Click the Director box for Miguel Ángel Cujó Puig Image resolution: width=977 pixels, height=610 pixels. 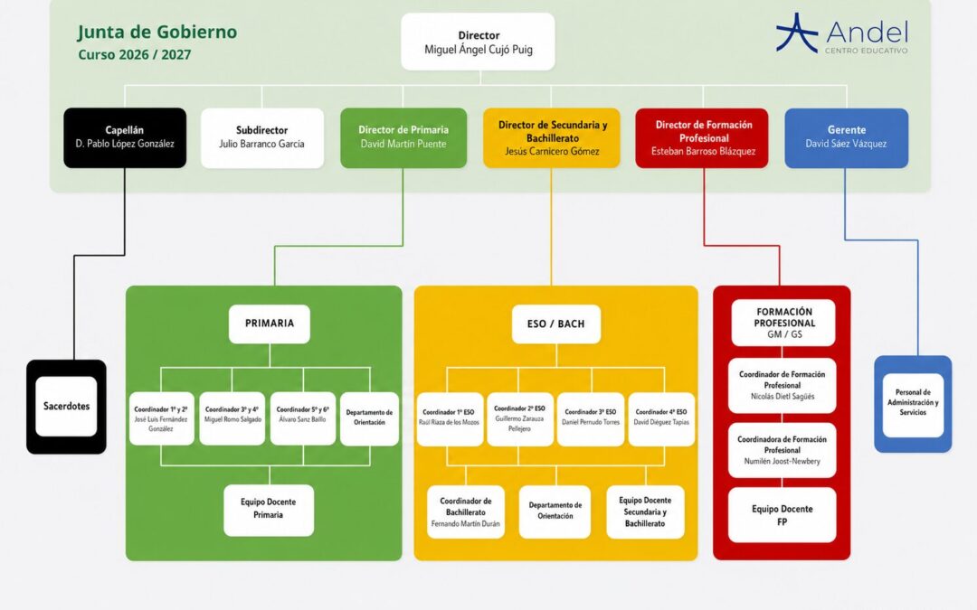pyautogui.click(x=478, y=42)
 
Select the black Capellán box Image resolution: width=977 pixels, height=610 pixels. pyautogui.click(x=125, y=137)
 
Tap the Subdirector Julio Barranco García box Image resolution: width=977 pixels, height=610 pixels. pyautogui.click(x=261, y=137)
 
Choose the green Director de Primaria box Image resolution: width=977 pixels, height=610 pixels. pyautogui.click(x=403, y=137)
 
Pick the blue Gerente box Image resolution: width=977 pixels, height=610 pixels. pyautogui.click(x=846, y=137)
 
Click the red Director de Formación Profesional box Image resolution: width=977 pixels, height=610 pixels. pyautogui.click(x=702, y=137)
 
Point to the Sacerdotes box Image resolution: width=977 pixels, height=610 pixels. pyautogui.click(x=66, y=407)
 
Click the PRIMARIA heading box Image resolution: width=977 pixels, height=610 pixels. pyautogui.click(x=270, y=324)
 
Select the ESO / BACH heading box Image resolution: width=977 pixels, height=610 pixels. pyautogui.click(x=555, y=324)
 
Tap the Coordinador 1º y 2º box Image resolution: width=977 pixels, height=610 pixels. pyautogui.click(x=161, y=418)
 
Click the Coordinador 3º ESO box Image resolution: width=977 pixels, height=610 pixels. pyautogui.click(x=591, y=418)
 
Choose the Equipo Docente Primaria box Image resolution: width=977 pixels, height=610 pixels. pyautogui.click(x=269, y=510)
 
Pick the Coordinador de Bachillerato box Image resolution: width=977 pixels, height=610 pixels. pyautogui.click(x=466, y=511)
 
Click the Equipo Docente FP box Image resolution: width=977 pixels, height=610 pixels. pyautogui.click(x=782, y=515)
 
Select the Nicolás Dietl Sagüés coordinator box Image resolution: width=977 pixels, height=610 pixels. pyautogui.click(x=782, y=385)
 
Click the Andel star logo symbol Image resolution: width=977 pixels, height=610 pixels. pyautogui.click(x=797, y=33)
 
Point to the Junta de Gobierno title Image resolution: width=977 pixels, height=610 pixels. pyautogui.click(x=157, y=32)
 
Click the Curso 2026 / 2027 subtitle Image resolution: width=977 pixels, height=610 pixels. pyautogui.click(x=135, y=55)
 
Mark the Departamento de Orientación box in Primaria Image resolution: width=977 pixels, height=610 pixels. pyautogui.click(x=369, y=418)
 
